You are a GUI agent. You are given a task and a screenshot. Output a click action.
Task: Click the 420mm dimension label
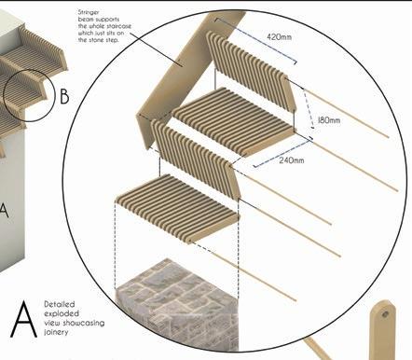point(280,36)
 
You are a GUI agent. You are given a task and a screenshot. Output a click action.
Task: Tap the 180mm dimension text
point(329,120)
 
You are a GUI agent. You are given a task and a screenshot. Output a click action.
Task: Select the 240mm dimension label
point(291,160)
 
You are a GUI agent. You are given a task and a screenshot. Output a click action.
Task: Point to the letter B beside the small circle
point(64,96)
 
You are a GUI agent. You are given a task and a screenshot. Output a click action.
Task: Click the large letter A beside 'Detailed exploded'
point(23,319)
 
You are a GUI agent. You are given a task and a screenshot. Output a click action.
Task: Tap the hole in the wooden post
point(385,314)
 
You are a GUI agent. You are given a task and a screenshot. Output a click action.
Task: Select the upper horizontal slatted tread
point(234,122)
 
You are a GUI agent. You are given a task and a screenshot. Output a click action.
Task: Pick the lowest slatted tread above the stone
point(177,208)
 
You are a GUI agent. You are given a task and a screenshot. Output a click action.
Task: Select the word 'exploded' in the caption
point(62,313)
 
